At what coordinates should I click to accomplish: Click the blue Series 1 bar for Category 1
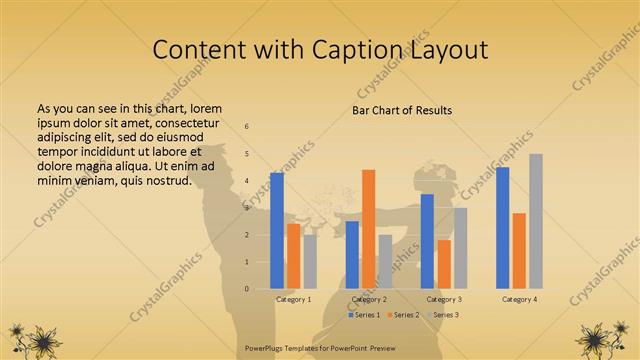point(277,231)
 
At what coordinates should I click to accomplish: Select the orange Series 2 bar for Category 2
point(368,229)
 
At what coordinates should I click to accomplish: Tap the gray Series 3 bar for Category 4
point(536,221)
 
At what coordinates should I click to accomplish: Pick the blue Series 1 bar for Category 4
point(502,228)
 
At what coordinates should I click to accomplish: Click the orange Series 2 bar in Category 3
point(443,264)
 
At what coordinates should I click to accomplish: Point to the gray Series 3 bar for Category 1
point(310,261)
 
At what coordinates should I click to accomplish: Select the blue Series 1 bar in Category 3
point(427,241)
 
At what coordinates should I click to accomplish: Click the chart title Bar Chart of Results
point(402,110)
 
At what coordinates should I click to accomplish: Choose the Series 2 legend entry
point(404,315)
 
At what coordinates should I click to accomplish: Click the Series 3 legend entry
point(445,315)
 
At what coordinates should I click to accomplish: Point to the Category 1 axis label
point(293,299)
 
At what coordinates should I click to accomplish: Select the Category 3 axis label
point(444,299)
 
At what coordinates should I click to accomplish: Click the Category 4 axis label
point(519,299)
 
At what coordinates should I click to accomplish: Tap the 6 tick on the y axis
point(246,127)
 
